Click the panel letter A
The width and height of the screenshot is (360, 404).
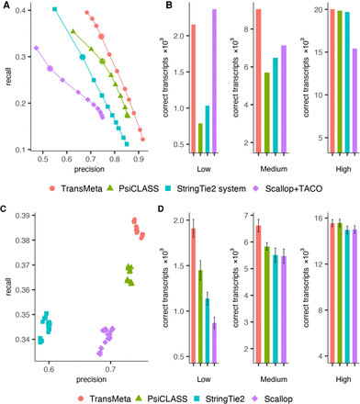coord(6,6)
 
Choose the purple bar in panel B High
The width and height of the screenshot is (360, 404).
coord(349,100)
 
